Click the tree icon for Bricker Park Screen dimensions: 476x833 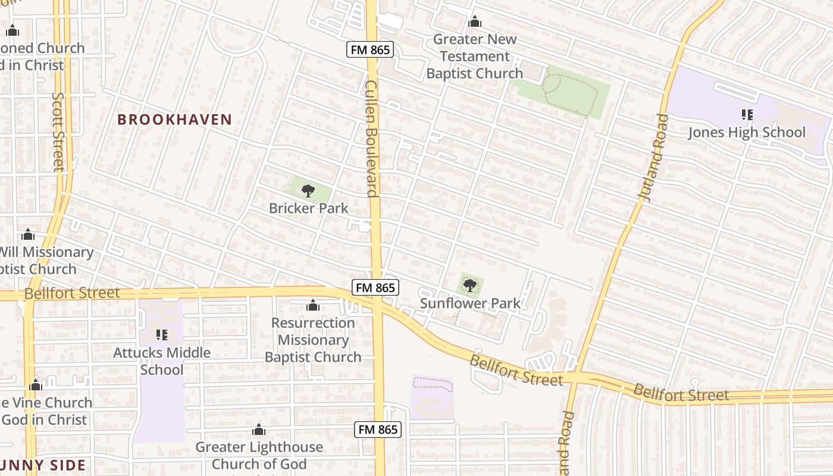308,191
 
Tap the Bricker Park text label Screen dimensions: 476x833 308,208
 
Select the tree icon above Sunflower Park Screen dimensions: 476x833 470,286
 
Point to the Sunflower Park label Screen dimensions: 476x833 470,303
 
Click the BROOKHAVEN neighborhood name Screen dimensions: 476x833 174,120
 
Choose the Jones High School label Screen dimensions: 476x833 747,132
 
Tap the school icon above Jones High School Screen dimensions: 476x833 747,114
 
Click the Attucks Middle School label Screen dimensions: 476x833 162,361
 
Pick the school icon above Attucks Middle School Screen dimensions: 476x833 161,335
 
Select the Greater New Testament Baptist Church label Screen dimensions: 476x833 474,56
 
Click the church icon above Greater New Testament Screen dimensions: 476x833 474,22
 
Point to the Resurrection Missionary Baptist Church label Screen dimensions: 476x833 313,340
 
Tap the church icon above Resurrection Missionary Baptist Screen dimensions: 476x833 312,306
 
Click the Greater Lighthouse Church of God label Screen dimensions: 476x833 259,455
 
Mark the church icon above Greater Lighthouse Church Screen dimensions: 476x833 258,430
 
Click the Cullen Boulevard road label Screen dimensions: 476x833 372,138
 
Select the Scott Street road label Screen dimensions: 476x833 58,131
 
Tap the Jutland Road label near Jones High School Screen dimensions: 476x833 653,158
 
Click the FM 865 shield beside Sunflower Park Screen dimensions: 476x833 375,287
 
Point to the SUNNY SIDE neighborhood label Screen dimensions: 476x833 43,465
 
